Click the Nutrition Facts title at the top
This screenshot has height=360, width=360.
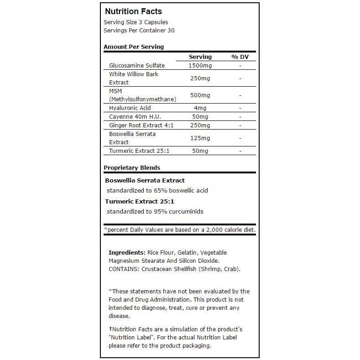point(133,11)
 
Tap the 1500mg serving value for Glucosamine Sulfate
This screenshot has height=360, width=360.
point(200,66)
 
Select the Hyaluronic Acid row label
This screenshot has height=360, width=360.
point(130,108)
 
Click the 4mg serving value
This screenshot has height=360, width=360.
point(200,108)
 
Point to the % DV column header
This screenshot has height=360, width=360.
point(240,57)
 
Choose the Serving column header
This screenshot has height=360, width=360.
point(200,57)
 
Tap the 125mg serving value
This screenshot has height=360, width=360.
point(200,138)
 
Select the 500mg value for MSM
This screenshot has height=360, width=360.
point(200,95)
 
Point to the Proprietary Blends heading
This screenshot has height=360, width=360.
point(132,167)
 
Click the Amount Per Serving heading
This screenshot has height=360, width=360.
point(134,47)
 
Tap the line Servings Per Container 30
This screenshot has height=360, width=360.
point(139,31)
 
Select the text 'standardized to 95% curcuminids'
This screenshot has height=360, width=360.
point(155,211)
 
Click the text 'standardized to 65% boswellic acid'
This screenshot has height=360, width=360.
point(157,190)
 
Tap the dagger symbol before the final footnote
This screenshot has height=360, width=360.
point(110,329)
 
